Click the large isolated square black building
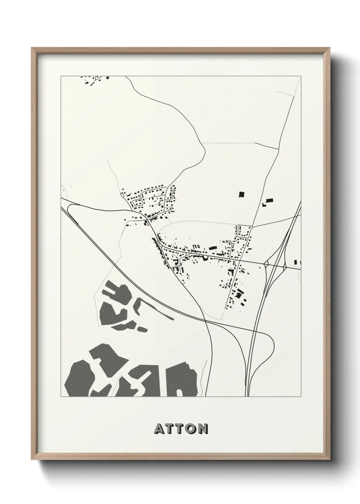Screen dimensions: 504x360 pos(242,194)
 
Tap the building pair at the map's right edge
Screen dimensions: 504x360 pos(297,262)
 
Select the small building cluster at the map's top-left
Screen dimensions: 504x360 pos(94,80)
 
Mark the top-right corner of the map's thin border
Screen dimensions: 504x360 pos(300,76)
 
